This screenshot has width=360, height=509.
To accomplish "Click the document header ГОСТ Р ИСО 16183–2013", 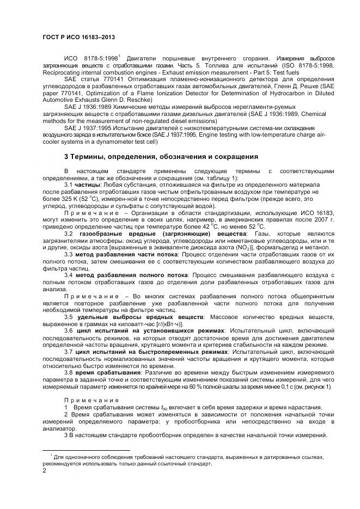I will [78, 38].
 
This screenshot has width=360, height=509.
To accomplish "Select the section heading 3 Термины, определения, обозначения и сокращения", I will [161, 157].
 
